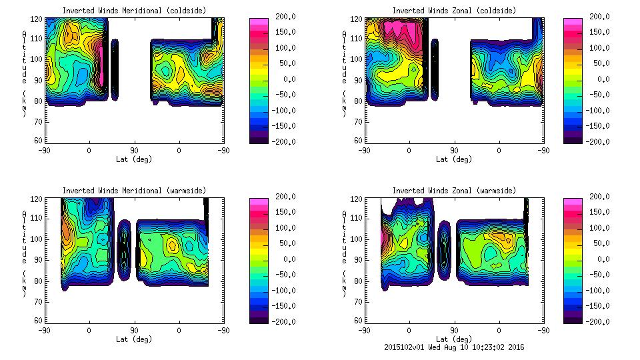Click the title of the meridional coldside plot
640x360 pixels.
click(134, 11)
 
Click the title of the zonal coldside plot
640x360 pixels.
click(454, 11)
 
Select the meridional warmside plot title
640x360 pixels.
click(134, 191)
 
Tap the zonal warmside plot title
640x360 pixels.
click(454, 191)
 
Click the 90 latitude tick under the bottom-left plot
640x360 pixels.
click(134, 330)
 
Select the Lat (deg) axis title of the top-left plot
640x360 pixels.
click(134, 159)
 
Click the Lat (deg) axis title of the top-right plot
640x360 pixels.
click(454, 159)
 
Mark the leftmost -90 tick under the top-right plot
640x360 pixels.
click(364, 150)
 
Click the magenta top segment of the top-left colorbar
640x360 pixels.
click(258, 23)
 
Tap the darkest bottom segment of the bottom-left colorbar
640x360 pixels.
click(258, 317)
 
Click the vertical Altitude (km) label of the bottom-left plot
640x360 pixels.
click(24, 253)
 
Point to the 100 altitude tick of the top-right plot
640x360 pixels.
click(358, 59)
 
